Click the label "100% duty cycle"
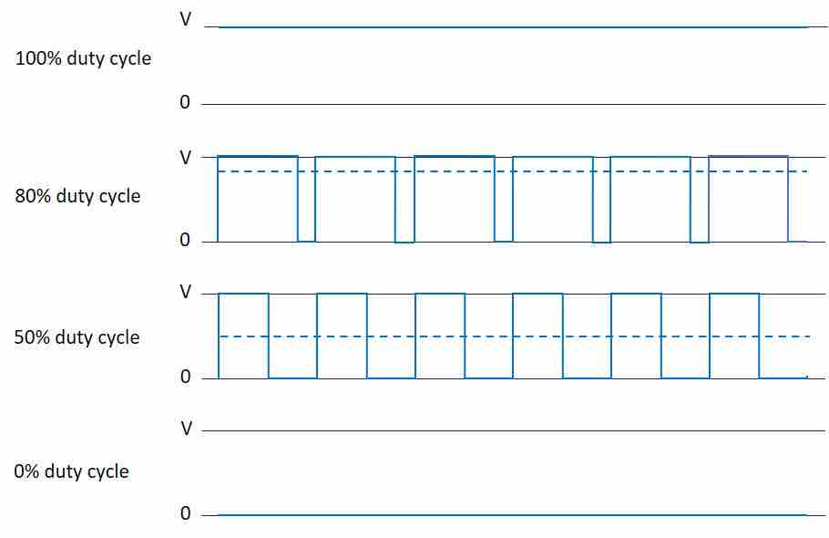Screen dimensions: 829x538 click(x=83, y=58)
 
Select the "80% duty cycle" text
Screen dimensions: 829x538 click(x=77, y=196)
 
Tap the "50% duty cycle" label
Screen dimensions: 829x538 click(x=77, y=337)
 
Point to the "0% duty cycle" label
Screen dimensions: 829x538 click(x=71, y=471)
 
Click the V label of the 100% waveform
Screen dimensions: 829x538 click(x=186, y=19)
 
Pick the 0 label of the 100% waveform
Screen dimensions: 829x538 click(x=185, y=102)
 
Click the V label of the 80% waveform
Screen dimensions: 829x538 click(x=186, y=158)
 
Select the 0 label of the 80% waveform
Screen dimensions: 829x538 click(x=185, y=240)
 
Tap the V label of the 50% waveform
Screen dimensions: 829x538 click(x=186, y=292)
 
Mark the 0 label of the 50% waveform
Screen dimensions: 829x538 click(x=185, y=377)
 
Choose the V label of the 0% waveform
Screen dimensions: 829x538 click(x=186, y=429)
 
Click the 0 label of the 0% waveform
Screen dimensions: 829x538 click(x=185, y=513)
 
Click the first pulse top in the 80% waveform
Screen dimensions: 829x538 click(x=258, y=157)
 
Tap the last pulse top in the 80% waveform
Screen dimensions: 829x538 click(x=748, y=157)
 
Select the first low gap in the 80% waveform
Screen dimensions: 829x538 click(x=307, y=242)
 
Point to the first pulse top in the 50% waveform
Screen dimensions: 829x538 click(x=244, y=294)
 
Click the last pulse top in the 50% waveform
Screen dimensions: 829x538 click(x=734, y=294)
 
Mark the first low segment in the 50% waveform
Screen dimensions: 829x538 click(x=293, y=378)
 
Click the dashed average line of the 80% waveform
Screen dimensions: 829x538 click(x=513, y=171)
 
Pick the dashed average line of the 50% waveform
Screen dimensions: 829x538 click(x=515, y=336)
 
